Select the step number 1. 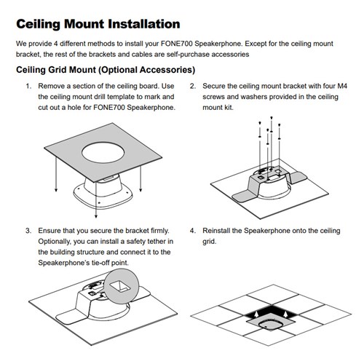(x=28, y=87)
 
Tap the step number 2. (x=192, y=87)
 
